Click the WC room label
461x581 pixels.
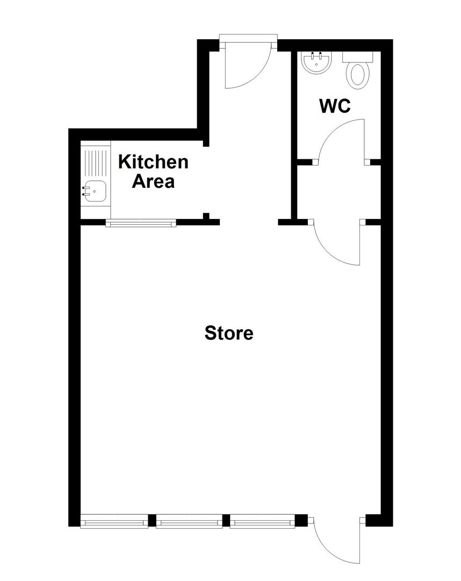pyautogui.click(x=335, y=106)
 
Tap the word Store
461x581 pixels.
pyautogui.click(x=229, y=333)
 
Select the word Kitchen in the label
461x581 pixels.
pyautogui.click(x=153, y=161)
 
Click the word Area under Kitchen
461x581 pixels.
pyautogui.click(x=154, y=181)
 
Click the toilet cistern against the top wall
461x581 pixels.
pyautogui.click(x=358, y=56)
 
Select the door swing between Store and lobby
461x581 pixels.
pyautogui.click(x=336, y=245)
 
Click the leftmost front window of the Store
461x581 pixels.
pyautogui.click(x=114, y=521)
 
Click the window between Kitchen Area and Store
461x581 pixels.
pyautogui.click(x=141, y=223)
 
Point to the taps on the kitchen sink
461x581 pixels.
pyautogui.click(x=85, y=191)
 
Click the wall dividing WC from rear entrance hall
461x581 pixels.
pyautogui.click(x=294, y=134)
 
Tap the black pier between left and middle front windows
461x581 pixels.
pyautogui.click(x=152, y=521)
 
